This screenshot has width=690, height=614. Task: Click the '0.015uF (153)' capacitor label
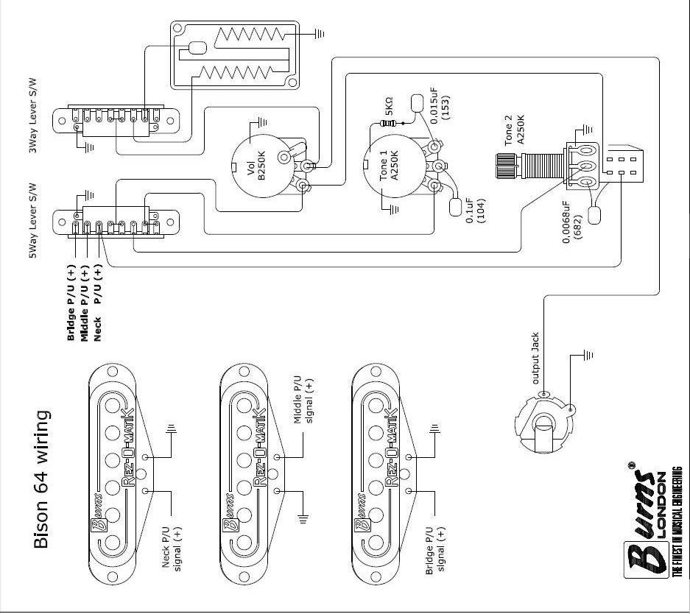pyautogui.click(x=440, y=107)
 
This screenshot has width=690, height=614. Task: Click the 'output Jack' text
pyautogui.click(x=536, y=359)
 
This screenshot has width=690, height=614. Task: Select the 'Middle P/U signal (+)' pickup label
pyautogui.click(x=303, y=400)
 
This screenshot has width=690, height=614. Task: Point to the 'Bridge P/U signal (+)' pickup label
pyautogui.click(x=435, y=549)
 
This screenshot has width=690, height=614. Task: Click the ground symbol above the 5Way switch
pyautogui.click(x=88, y=194)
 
